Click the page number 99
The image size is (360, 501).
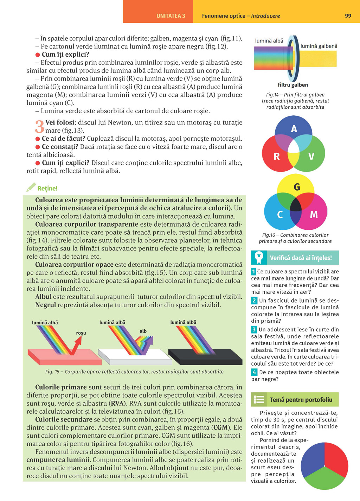coord(348,16)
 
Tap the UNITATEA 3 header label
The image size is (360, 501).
coord(171,16)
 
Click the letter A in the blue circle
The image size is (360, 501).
coord(294,129)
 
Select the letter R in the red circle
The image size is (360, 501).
coord(277,156)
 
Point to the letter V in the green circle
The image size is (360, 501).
coord(311,156)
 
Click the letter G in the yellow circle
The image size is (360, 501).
coord(297,187)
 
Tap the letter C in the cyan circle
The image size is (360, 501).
coord(280,215)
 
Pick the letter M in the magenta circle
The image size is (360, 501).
coord(314,214)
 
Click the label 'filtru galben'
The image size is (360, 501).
coord(292,85)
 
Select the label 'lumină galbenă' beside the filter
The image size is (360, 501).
coord(319,46)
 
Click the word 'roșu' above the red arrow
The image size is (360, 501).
coord(81,333)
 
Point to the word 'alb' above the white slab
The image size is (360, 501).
coord(143,331)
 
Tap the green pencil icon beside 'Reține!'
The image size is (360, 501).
coord(31,187)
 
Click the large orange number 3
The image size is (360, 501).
coord(39,127)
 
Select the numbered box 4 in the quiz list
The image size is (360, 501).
coord(254,372)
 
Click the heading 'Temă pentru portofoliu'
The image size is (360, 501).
coord(301,400)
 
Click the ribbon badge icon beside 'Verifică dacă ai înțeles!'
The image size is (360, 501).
coord(259,258)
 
